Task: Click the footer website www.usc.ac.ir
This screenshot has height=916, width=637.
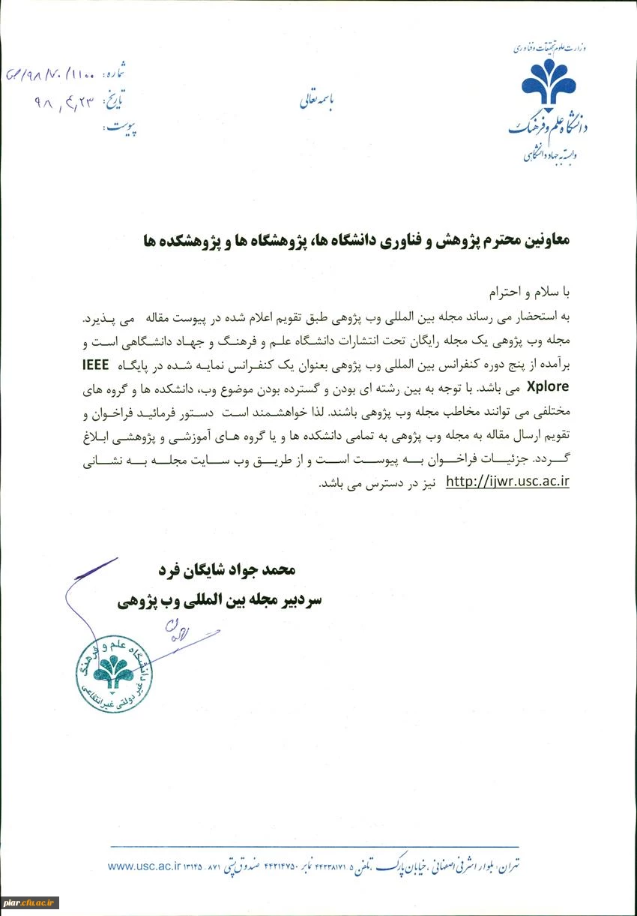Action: click(x=145, y=866)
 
